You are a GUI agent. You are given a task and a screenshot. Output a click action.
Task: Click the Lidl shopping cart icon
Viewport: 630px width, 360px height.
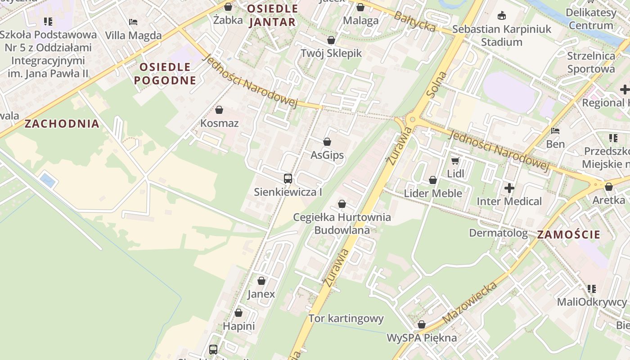[x=455, y=161]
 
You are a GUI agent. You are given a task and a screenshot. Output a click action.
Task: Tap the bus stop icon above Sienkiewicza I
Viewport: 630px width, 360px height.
[x=288, y=179]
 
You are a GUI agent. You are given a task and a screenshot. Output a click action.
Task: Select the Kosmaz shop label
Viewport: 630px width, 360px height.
[x=219, y=123]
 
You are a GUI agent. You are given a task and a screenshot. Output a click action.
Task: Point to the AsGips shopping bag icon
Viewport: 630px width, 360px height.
[x=327, y=142]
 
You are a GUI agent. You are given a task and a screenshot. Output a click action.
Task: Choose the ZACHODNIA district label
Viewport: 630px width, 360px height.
[x=62, y=124]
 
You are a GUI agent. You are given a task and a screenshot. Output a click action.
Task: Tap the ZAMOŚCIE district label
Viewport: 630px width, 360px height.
[x=569, y=234]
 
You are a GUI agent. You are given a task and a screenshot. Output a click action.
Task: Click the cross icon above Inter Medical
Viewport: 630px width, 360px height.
[x=509, y=188]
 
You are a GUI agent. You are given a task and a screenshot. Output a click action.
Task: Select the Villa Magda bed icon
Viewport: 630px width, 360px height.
[x=133, y=22]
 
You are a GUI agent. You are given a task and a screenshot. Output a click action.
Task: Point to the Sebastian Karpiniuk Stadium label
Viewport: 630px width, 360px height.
[x=502, y=36]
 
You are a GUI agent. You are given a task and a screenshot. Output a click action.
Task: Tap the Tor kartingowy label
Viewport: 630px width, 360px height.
[x=346, y=319]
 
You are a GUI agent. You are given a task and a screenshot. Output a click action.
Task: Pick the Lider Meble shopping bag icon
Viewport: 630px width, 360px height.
[x=433, y=180]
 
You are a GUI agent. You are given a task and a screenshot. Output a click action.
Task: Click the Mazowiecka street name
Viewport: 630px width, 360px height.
[x=470, y=302]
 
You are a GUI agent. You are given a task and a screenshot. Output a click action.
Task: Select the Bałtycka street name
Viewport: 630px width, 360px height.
[x=414, y=22]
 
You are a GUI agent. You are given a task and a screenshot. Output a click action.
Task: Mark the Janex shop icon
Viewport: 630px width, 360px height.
[x=261, y=281]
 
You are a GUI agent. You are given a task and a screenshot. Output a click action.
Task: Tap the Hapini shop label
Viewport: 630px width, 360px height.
[x=238, y=326]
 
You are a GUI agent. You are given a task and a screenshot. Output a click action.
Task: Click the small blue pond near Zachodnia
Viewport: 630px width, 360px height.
[x=48, y=180]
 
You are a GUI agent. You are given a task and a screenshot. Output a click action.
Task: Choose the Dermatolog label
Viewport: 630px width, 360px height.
[x=498, y=233]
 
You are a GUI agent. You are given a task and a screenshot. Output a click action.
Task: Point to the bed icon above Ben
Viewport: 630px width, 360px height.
[x=555, y=131]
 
